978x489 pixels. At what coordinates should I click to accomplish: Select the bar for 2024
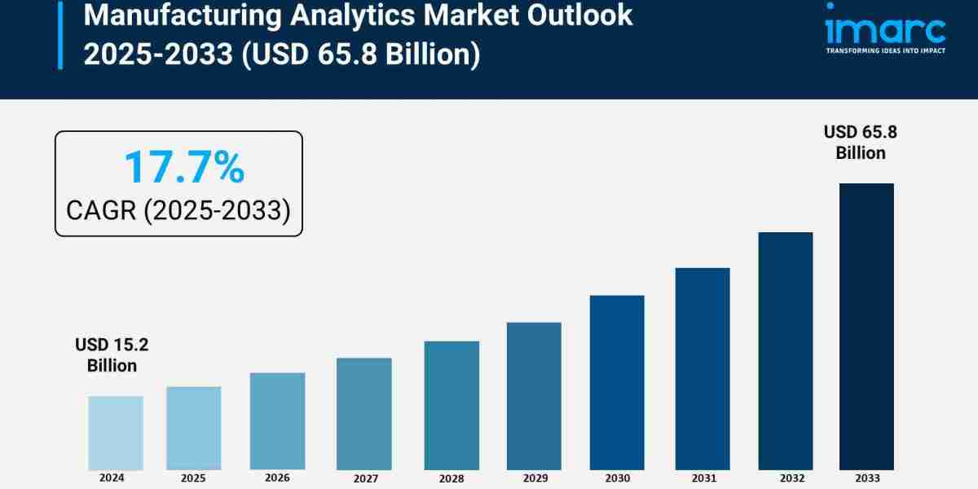pyautogui.click(x=115, y=433)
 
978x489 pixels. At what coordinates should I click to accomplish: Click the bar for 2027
pyautogui.click(x=363, y=413)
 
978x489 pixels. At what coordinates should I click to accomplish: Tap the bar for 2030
pyautogui.click(x=617, y=382)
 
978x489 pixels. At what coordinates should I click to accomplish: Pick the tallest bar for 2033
pyautogui.click(x=866, y=326)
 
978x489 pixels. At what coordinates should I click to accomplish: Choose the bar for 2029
pyautogui.click(x=534, y=396)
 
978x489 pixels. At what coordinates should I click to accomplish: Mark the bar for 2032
pyautogui.click(x=786, y=350)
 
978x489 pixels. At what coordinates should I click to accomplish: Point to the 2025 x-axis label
pyautogui.click(x=193, y=477)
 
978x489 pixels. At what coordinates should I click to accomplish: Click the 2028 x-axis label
pyautogui.click(x=452, y=478)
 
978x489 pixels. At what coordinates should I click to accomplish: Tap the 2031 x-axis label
pyautogui.click(x=703, y=478)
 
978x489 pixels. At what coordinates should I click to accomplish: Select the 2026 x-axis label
pyautogui.click(x=277, y=477)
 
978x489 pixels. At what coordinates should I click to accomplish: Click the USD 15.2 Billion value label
pyautogui.click(x=112, y=355)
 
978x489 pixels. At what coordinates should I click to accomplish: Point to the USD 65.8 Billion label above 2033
pyautogui.click(x=860, y=142)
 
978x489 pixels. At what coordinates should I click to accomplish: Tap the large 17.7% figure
pyautogui.click(x=183, y=167)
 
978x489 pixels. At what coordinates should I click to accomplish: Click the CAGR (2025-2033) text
pyautogui.click(x=178, y=210)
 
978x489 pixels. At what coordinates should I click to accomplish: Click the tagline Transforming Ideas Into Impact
pyautogui.click(x=884, y=51)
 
